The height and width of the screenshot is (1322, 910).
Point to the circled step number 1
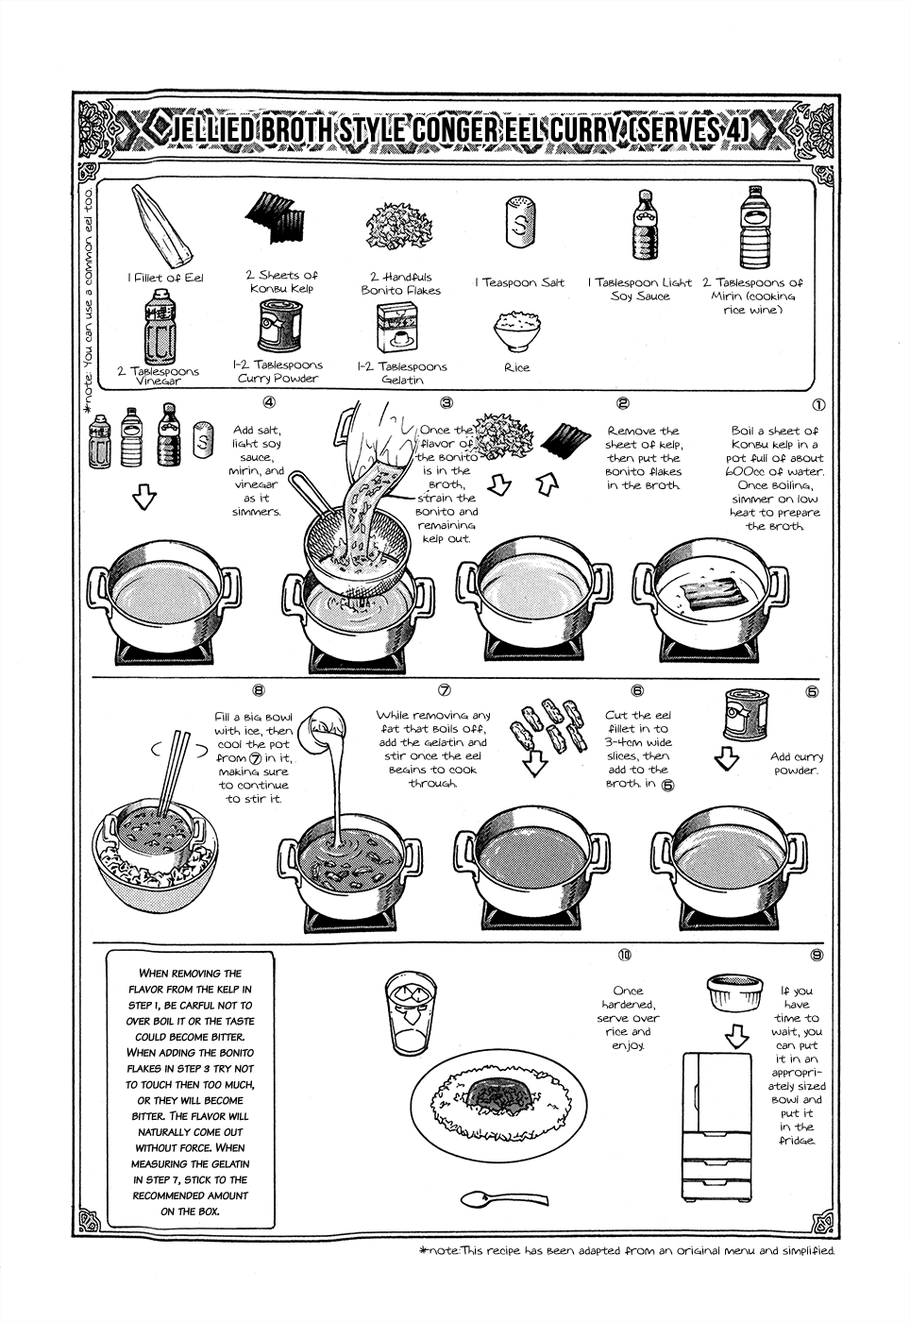coord(817,404)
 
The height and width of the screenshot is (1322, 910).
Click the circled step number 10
coord(624,955)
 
